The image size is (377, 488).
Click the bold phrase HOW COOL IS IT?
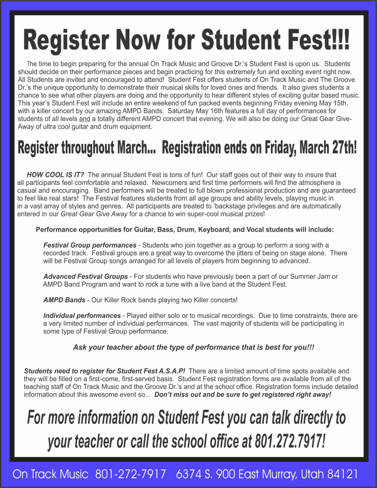tap(56, 175)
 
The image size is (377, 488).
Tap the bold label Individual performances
tap(82, 315)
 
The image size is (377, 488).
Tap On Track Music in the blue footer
tap(50, 475)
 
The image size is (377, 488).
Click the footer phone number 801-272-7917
tap(130, 475)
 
